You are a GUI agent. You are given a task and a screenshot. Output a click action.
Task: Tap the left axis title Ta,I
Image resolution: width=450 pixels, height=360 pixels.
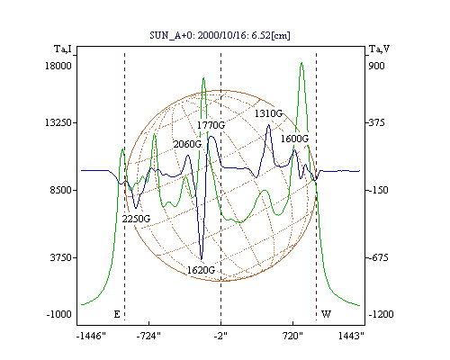pos(63,49)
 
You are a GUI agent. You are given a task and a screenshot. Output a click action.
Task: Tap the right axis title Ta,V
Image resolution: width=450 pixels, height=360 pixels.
pos(379,49)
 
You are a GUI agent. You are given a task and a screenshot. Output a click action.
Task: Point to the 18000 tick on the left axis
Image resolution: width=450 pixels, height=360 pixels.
pos(58,66)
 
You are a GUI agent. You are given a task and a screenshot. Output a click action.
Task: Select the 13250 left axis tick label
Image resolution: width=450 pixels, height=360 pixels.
pos(58,122)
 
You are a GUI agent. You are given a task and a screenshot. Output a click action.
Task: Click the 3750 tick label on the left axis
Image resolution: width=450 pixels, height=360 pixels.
pos(61,257)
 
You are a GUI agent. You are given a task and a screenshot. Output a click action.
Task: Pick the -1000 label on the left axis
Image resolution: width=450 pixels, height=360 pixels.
pos(59,314)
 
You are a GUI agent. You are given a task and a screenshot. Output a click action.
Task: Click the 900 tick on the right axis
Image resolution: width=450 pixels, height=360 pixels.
pos(376,66)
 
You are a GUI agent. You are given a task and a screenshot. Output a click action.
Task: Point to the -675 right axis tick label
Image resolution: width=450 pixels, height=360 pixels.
pos(378,257)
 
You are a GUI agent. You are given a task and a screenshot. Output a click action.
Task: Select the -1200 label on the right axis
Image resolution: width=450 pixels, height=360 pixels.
pos(381,314)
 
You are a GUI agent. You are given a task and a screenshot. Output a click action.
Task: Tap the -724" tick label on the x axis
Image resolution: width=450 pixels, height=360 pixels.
pos(148,337)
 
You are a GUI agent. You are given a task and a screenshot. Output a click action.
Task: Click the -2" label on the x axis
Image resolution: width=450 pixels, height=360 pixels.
pos(220,337)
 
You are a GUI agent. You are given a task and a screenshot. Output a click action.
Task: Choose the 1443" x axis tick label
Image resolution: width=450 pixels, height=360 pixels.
pos(351,337)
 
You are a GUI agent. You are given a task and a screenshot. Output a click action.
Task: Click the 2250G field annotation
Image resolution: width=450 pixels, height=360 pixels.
pos(136,219)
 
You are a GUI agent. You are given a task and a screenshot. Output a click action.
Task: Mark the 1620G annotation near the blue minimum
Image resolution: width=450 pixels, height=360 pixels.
pos(201,270)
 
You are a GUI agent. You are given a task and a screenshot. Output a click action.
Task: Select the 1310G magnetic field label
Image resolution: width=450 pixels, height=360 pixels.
pos(268,113)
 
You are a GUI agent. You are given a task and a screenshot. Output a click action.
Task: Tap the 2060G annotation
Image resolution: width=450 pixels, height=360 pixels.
pos(187,144)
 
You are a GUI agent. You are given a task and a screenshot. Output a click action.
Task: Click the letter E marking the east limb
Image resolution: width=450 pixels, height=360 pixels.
pos(117,314)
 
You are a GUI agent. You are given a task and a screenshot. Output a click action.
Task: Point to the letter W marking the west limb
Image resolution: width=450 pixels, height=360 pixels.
pos(326,314)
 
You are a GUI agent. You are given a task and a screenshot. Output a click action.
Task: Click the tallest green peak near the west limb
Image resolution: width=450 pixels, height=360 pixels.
pos(301,63)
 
